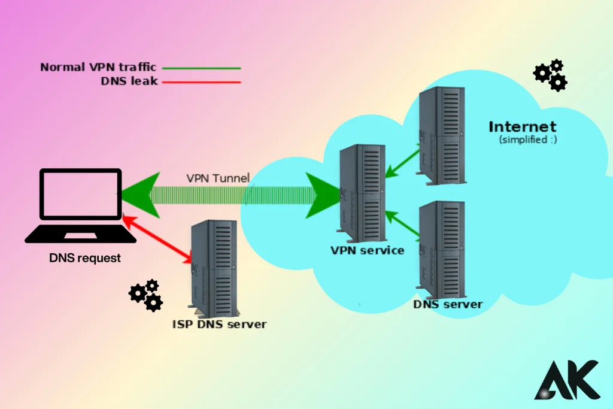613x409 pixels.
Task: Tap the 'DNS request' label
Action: [x=85, y=259]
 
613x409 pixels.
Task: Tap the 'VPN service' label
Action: [x=367, y=250]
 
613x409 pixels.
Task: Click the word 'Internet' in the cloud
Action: [x=522, y=127]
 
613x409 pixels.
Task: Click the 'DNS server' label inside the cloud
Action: [x=448, y=304]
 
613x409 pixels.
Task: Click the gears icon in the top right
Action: [x=550, y=75]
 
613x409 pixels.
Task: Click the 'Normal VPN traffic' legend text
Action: [x=98, y=67]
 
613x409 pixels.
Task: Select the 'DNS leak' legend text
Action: [x=129, y=81]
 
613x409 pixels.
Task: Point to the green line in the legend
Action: [x=201, y=68]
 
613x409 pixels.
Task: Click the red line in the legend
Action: [x=201, y=82]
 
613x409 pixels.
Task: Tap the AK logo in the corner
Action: [x=566, y=380]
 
